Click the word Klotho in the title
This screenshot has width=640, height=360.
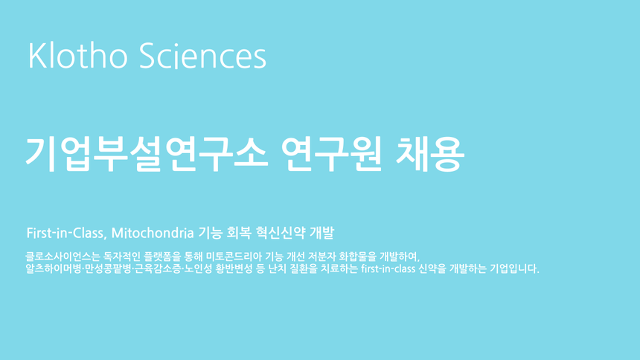78,56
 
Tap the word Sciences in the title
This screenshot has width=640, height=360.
203,56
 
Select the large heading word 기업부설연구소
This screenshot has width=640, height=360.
147,154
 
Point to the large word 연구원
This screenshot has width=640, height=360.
331,154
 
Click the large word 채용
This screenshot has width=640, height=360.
430,154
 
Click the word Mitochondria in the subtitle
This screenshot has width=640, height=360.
153,233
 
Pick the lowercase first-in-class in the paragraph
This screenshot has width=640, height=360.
388,269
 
